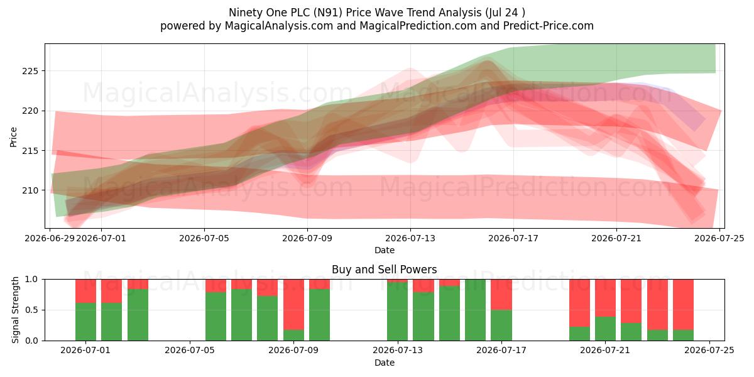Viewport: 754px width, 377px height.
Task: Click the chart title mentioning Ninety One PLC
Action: [376, 13]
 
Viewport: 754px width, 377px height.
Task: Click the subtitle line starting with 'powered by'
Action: [376, 26]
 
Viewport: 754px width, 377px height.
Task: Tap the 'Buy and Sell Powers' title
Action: [384, 270]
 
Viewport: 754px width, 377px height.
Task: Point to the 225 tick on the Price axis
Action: [30, 71]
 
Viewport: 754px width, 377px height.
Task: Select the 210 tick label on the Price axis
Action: [30, 190]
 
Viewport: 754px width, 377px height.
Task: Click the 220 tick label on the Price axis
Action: [30, 111]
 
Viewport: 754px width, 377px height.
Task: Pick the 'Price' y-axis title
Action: [13, 137]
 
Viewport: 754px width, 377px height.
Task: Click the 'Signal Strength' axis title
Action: [15, 310]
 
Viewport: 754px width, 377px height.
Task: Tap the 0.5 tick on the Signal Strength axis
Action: [31, 310]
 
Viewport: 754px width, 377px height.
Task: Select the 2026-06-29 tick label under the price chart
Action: [50, 238]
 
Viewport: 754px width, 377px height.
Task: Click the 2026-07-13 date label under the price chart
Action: [410, 238]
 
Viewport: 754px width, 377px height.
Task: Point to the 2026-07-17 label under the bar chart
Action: [501, 350]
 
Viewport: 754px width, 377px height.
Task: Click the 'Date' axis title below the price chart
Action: [385, 250]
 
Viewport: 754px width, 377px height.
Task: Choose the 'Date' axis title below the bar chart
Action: [385, 363]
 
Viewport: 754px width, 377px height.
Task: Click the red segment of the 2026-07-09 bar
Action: [293, 305]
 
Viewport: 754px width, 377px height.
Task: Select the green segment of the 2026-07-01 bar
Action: [85, 322]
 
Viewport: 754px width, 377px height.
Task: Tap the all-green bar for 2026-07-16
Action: [475, 310]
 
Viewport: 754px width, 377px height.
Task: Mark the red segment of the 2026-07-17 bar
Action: [501, 295]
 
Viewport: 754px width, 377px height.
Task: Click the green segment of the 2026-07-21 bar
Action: [605, 329]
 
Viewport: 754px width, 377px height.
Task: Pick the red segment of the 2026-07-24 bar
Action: [684, 305]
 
